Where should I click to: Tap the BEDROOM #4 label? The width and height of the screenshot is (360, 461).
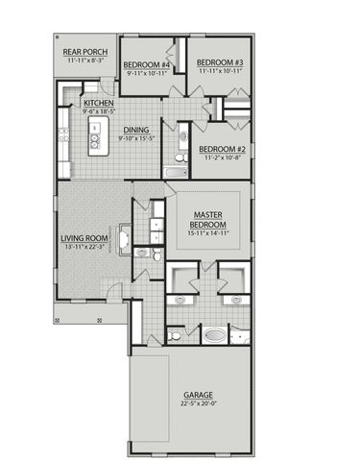146,63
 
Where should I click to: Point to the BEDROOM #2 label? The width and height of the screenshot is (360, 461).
223,149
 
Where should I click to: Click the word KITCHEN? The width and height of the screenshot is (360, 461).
100,103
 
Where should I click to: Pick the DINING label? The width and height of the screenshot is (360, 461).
135,130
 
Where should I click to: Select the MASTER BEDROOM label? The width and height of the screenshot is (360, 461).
208,220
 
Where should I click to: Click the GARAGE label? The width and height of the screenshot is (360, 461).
198,394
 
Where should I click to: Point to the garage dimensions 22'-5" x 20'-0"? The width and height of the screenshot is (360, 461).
198,403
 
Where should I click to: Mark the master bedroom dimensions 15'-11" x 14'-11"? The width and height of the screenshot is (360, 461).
208,233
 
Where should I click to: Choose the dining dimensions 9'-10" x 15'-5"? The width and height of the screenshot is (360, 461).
135,138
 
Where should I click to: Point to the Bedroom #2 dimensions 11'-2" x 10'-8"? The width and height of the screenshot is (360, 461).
223,158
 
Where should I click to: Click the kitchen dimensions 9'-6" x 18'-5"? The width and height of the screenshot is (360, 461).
100,111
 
